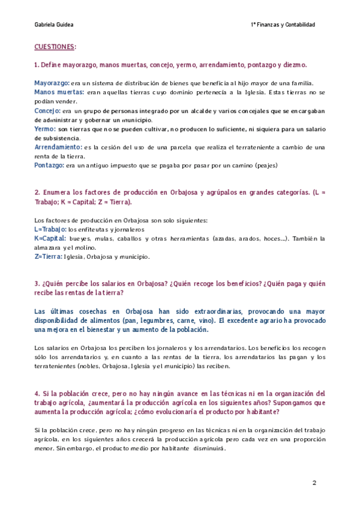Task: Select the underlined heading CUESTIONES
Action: point(55,47)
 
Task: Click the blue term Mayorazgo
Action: point(52,83)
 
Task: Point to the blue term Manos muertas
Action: point(59,92)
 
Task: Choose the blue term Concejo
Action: point(48,111)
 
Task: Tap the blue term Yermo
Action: point(45,129)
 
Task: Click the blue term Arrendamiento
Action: point(59,147)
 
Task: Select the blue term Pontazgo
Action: point(49,165)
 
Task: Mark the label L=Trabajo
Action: point(51,229)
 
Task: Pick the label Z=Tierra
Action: point(49,256)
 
